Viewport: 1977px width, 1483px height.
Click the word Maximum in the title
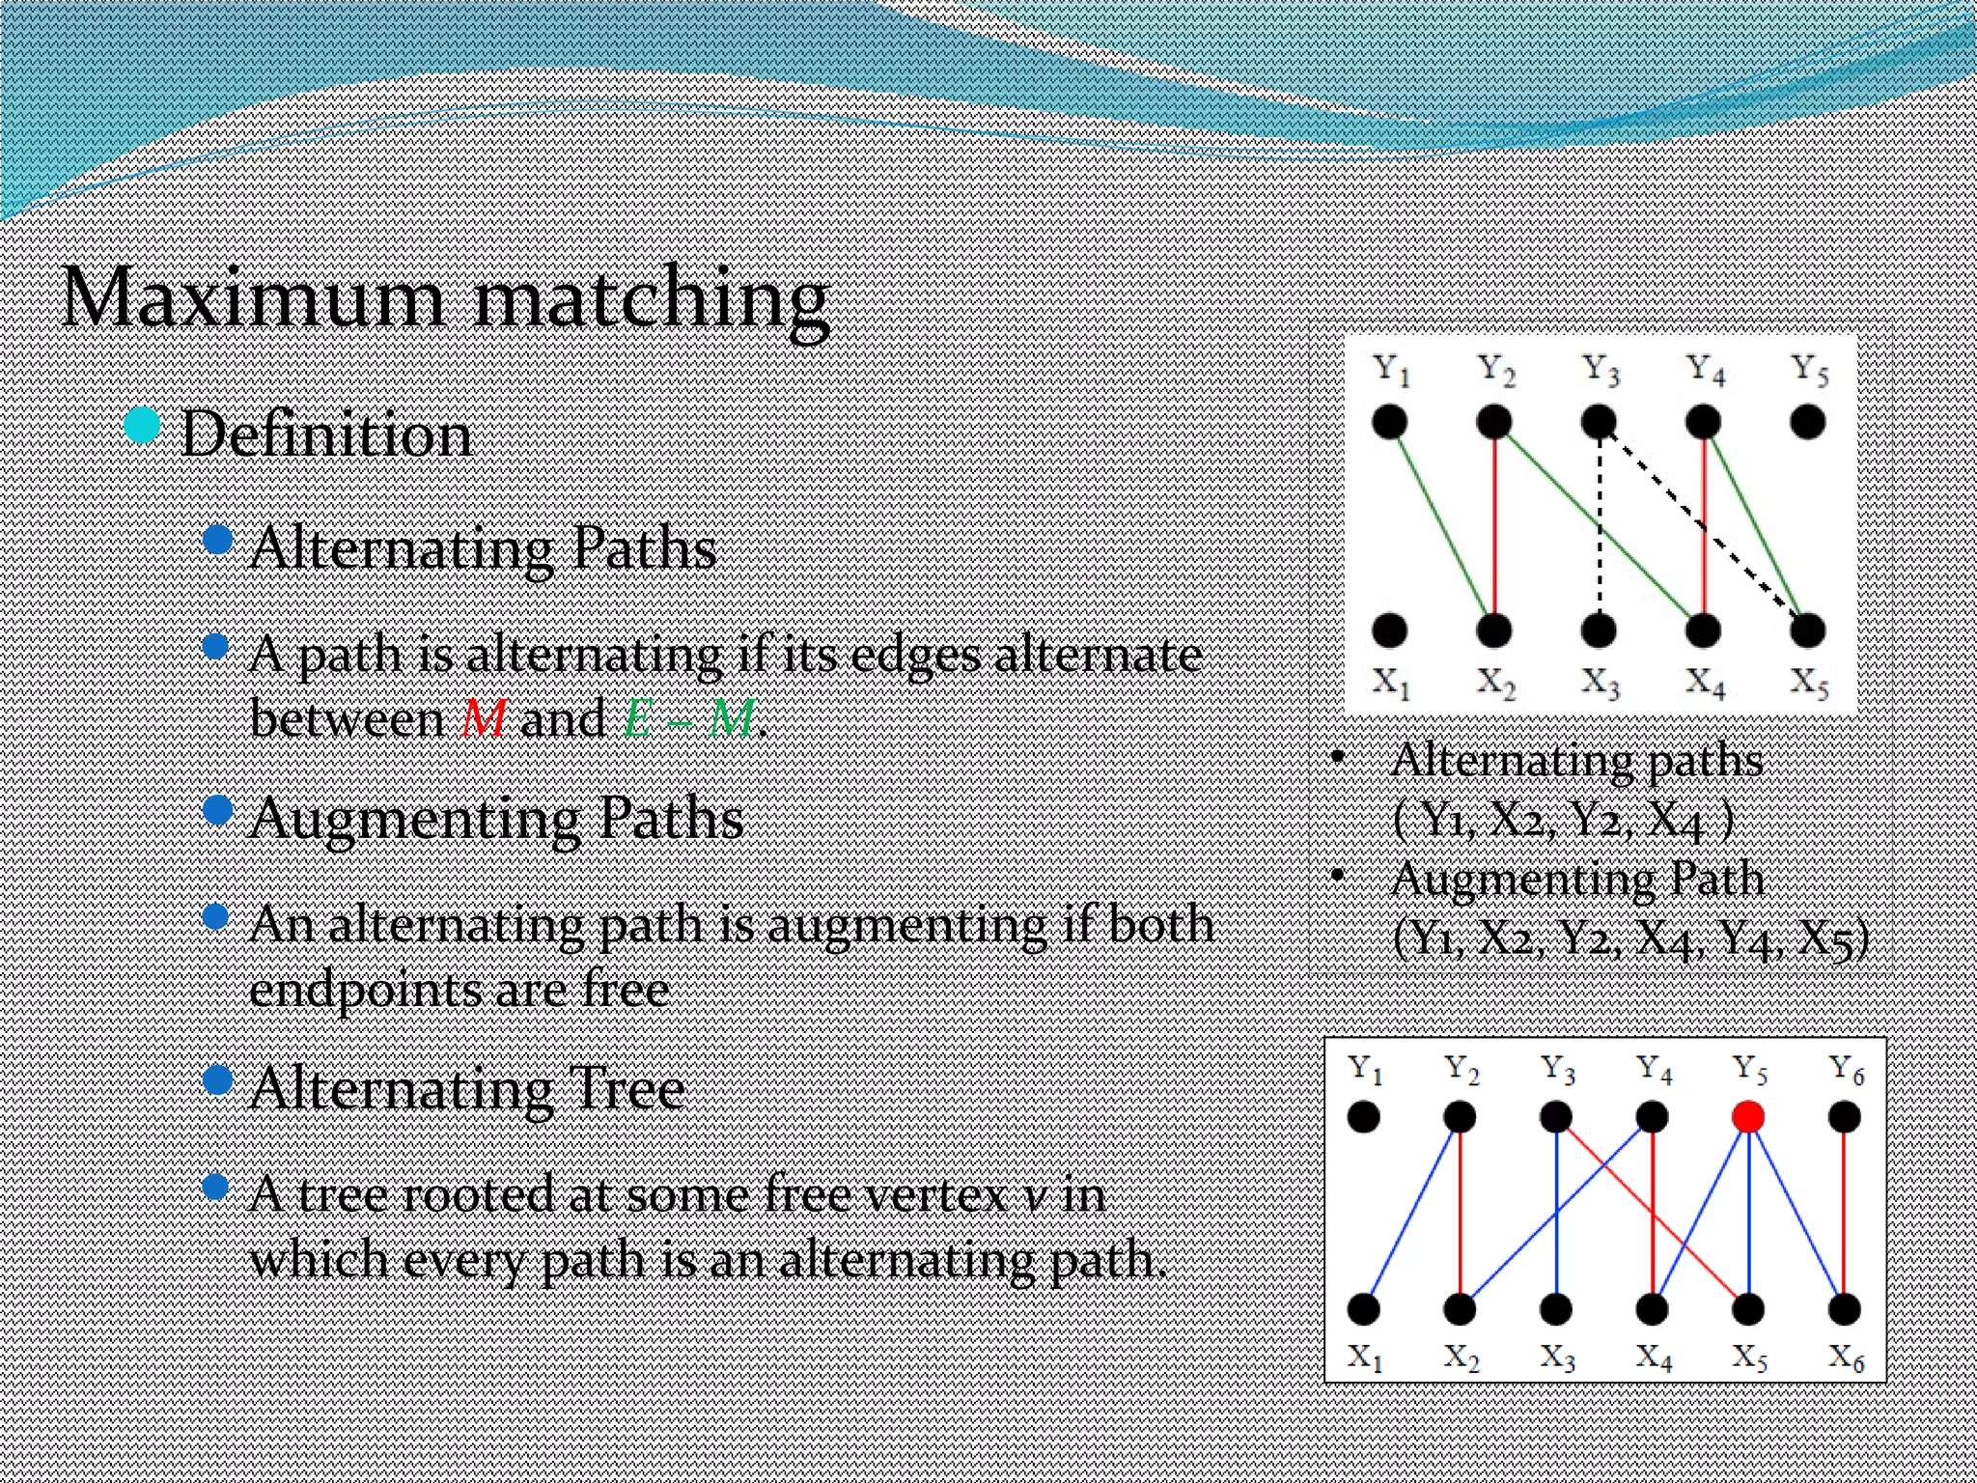(253, 298)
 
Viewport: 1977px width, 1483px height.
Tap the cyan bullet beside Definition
(142, 426)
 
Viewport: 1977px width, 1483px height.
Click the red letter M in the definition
(484, 719)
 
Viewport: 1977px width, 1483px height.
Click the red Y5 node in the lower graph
(1748, 1117)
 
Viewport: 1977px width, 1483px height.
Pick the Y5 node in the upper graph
(1807, 422)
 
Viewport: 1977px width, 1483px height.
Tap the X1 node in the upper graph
(1389, 630)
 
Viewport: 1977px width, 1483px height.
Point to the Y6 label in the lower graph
(1846, 1069)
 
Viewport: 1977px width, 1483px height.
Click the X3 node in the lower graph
(1556, 1309)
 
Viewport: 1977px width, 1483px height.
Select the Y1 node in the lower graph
(1363, 1117)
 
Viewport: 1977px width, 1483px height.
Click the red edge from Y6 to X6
(1845, 1214)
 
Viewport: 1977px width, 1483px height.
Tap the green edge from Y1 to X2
(1441, 526)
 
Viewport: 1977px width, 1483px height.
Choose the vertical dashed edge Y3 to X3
(1600, 526)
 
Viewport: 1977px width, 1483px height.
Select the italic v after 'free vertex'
(1034, 1197)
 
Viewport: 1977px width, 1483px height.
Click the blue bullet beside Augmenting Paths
(219, 810)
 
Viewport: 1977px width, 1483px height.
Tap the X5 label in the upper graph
(1809, 684)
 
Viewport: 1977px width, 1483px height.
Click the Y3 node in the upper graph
(1599, 422)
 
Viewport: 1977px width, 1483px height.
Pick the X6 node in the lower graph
(1845, 1309)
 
